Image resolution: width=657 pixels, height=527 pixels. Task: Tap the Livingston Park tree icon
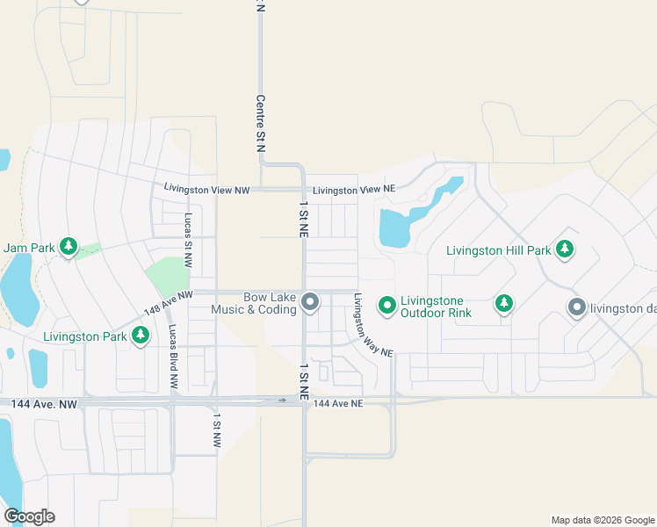coord(141,335)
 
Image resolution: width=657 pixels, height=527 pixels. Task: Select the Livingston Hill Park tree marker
coord(565,249)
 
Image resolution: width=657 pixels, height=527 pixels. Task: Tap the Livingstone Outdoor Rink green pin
coord(386,305)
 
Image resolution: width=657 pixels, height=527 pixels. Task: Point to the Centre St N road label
coord(260,125)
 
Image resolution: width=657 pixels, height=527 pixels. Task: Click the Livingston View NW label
coord(207,189)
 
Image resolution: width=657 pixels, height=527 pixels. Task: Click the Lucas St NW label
coord(188,240)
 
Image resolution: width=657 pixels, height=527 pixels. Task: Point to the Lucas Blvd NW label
coord(173,358)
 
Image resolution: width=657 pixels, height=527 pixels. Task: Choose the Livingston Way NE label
coord(372,324)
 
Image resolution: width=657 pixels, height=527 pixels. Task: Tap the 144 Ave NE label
coord(337,403)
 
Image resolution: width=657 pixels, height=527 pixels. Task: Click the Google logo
coord(29,516)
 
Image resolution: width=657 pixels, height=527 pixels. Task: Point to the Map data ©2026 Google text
coord(602,520)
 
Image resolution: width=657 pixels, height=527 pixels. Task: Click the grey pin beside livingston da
coord(576,307)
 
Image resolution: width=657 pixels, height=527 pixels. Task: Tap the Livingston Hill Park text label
coord(498,250)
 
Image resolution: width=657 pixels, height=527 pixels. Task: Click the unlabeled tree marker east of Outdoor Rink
coord(503,304)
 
